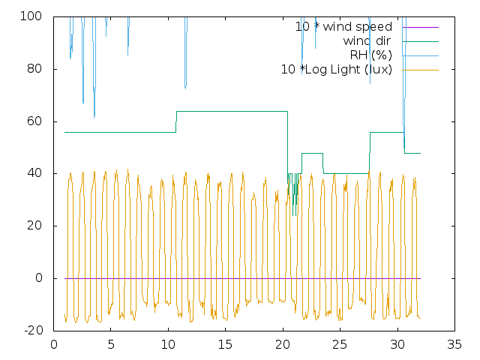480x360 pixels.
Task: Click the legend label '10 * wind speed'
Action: tap(343, 27)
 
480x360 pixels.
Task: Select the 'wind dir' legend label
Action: tap(367, 41)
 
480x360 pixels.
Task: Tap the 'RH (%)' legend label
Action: tap(370, 55)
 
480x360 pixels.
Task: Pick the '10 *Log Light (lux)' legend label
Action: tap(336, 70)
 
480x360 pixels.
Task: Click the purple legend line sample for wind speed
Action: tap(420, 27)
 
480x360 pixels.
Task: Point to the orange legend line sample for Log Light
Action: tap(420, 70)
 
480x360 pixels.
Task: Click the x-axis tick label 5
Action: tap(111, 346)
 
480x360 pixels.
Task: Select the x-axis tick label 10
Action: tap(168, 346)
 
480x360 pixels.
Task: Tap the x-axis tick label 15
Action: tap(226, 346)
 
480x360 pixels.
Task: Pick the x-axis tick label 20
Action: tap(283, 346)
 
